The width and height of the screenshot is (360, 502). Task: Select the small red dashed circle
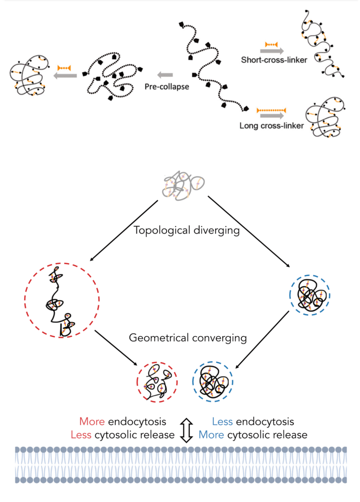tap(157, 382)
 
